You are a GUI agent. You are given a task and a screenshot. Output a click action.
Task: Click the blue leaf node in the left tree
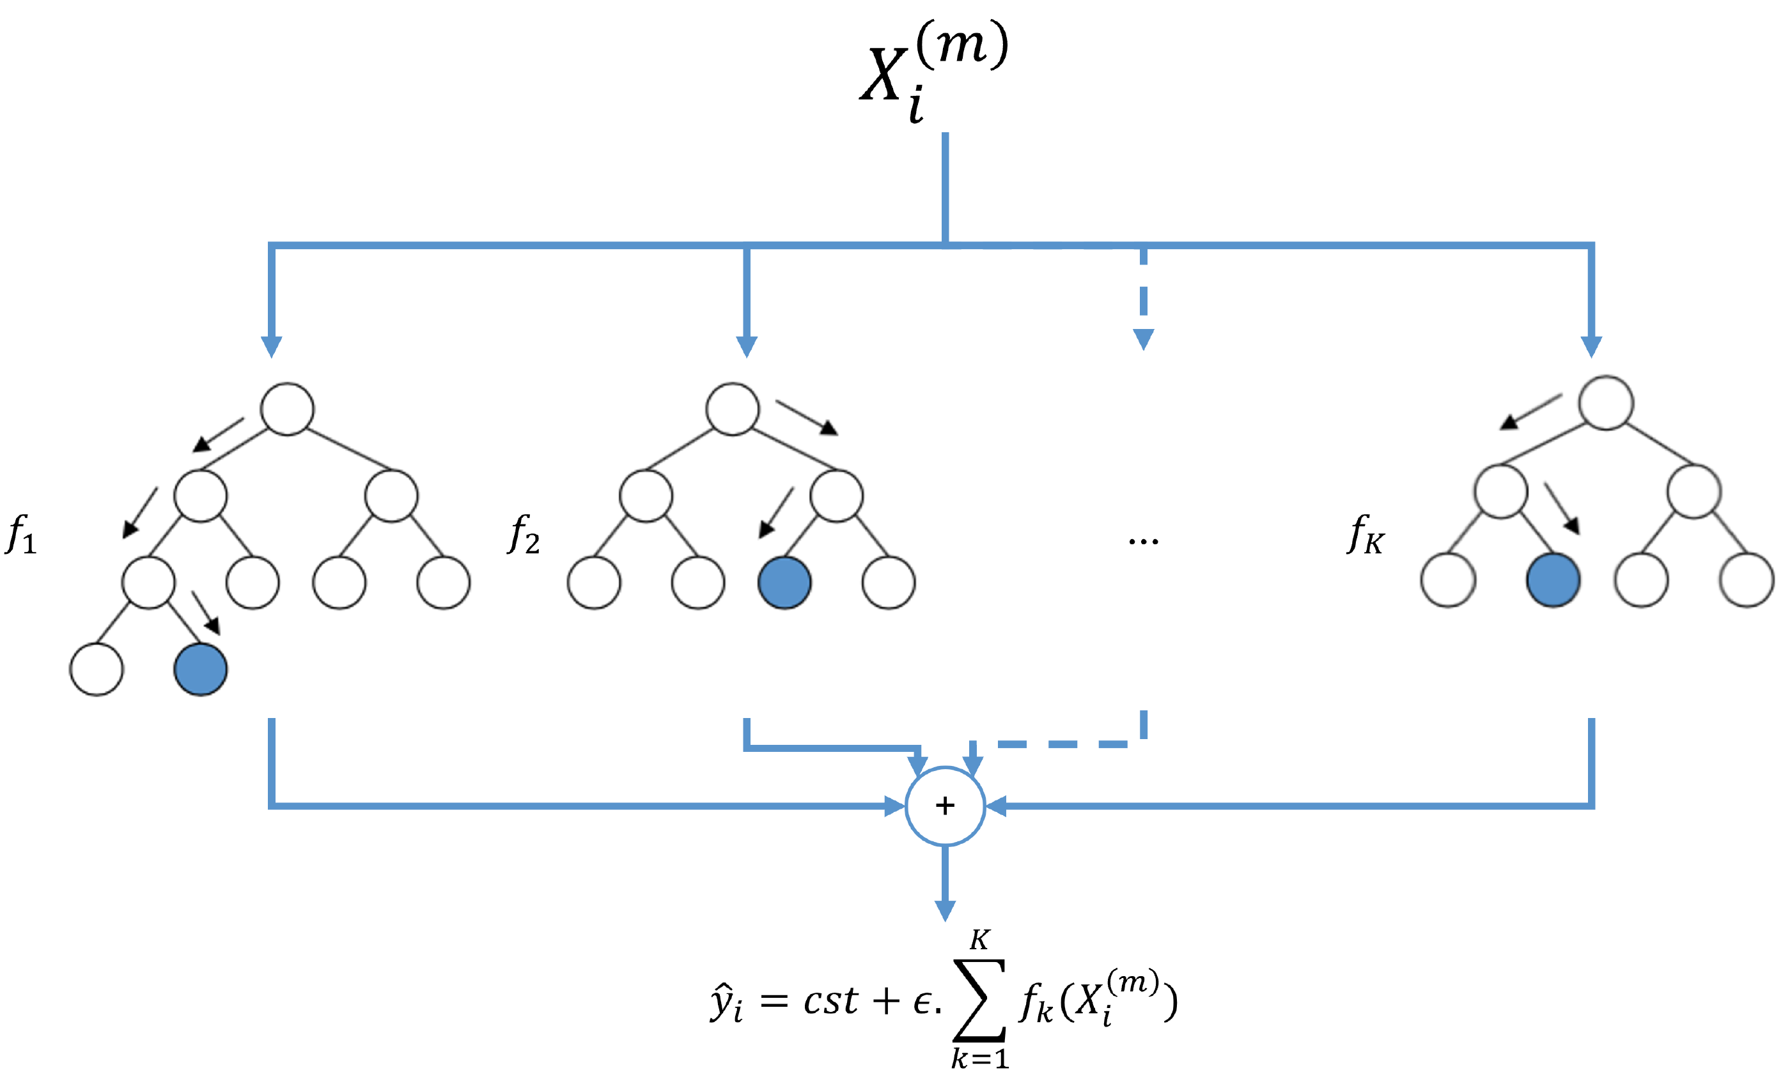click(201, 669)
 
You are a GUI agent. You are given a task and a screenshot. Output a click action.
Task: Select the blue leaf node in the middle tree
click(784, 583)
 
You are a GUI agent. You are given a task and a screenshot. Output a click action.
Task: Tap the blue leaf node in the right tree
click(1553, 579)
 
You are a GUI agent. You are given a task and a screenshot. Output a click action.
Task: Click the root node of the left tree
click(287, 409)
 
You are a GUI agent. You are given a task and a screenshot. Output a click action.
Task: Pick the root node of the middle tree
click(733, 409)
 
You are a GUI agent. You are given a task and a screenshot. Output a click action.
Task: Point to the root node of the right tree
click(1606, 403)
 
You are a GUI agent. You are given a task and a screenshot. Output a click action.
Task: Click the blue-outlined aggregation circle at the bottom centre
click(945, 806)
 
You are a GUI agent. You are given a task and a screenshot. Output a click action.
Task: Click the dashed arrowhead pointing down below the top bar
click(1144, 339)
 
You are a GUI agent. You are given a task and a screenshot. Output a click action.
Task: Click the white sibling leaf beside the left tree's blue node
click(97, 669)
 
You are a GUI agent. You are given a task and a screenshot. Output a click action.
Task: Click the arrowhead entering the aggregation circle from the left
click(894, 806)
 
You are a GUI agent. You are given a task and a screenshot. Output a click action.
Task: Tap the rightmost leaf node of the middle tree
click(888, 583)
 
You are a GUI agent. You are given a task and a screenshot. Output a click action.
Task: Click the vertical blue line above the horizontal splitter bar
click(945, 187)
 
